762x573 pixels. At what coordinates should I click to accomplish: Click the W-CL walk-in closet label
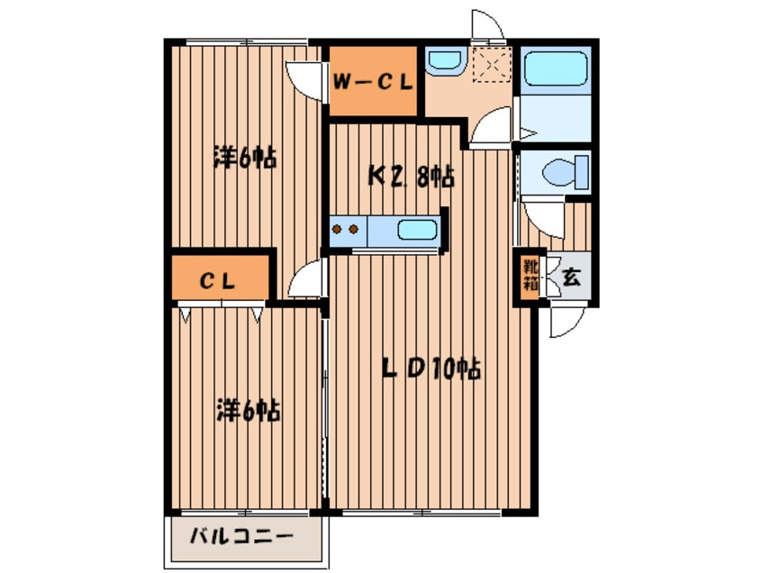[x=372, y=80]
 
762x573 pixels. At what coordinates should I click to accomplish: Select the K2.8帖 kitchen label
[x=409, y=176]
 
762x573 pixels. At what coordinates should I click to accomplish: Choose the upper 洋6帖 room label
[x=243, y=159]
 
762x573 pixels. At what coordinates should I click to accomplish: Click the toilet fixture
[x=566, y=170]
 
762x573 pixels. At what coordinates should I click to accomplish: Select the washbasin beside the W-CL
[x=443, y=62]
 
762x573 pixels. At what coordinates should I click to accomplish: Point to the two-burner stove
[x=347, y=229]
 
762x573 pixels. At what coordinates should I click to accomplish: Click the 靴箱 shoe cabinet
[x=530, y=276]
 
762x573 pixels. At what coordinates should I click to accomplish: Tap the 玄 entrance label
[x=570, y=277]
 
